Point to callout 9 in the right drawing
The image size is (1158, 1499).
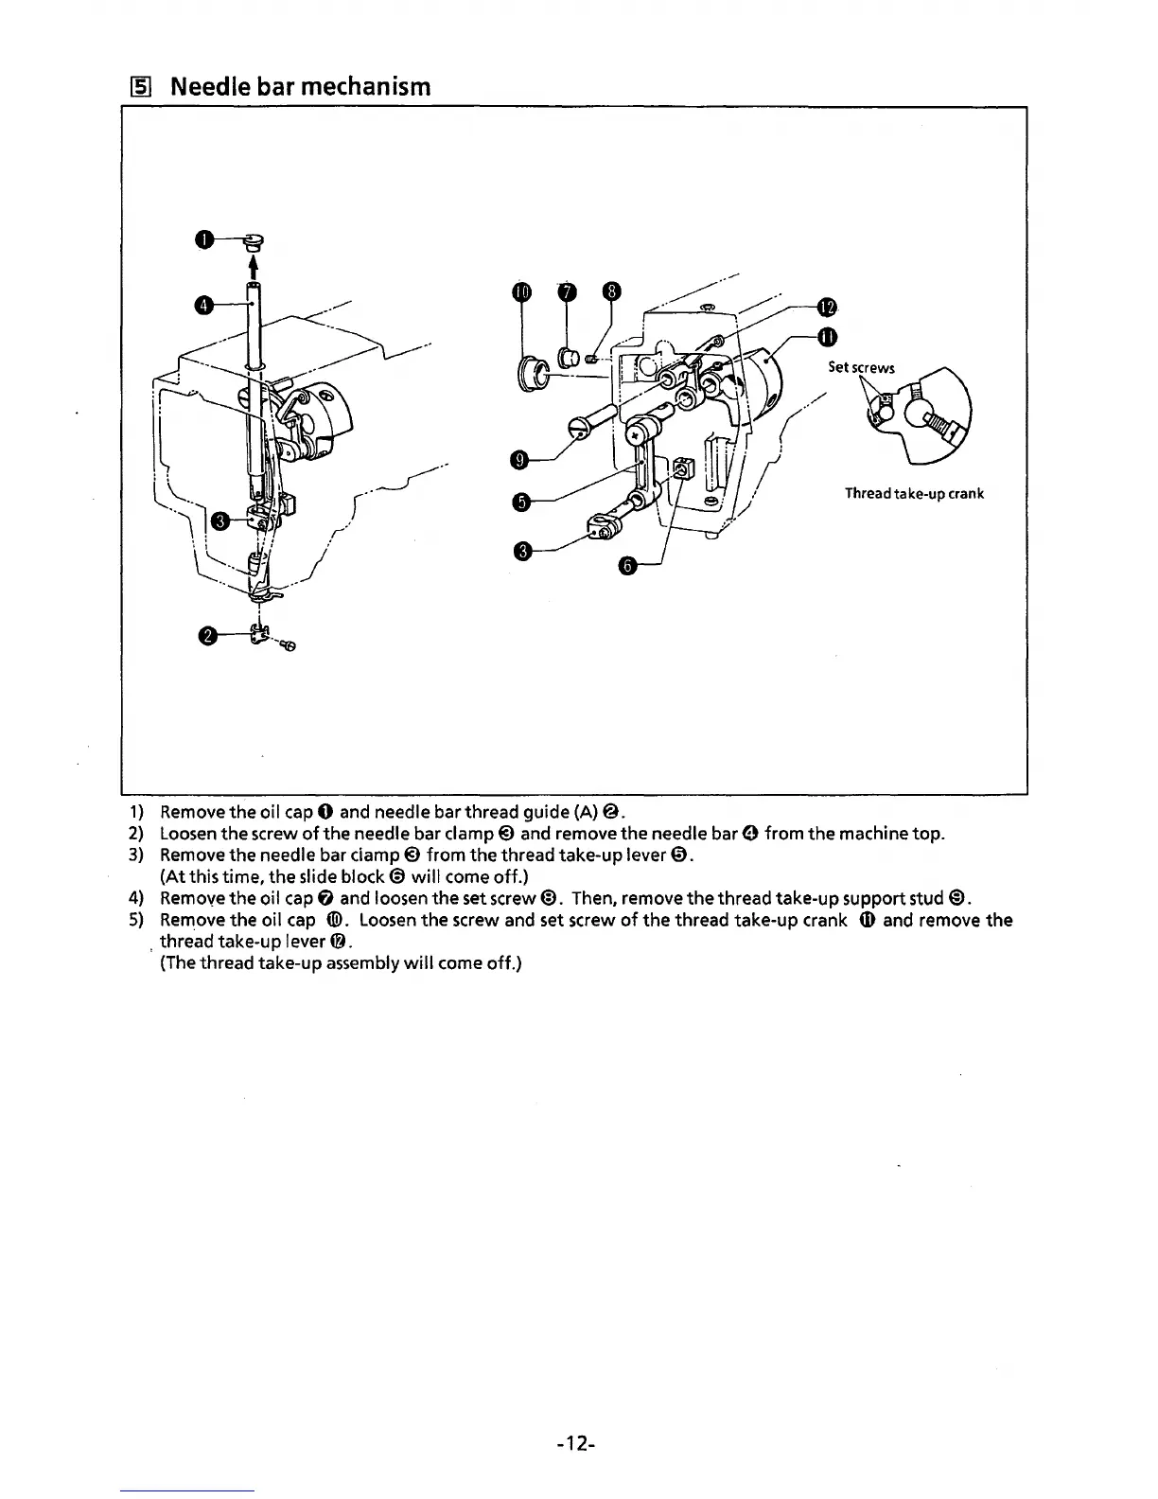point(518,460)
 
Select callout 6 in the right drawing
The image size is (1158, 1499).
point(627,566)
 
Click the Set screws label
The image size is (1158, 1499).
point(860,368)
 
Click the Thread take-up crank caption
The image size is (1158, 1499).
point(914,494)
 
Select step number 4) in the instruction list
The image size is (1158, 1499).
point(135,898)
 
